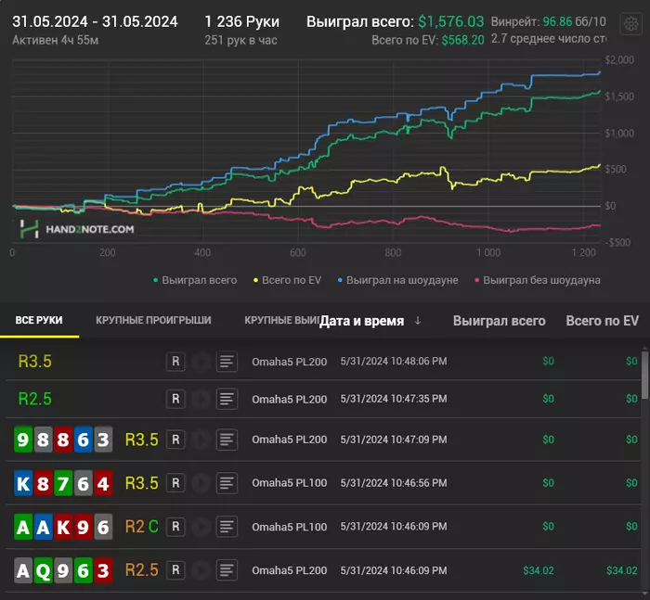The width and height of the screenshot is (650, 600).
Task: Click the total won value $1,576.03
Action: click(x=450, y=20)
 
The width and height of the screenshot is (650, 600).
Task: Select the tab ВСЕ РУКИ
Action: click(x=39, y=320)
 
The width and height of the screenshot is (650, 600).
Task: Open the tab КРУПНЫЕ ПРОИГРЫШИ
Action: click(x=153, y=320)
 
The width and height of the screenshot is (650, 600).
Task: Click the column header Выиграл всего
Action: click(x=499, y=321)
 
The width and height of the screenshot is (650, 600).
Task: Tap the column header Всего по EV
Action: click(x=602, y=321)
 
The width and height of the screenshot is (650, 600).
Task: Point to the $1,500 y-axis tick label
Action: click(x=618, y=97)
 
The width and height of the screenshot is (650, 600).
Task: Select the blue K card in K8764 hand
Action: click(x=23, y=483)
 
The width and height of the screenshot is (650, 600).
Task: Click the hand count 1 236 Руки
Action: click(x=241, y=20)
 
